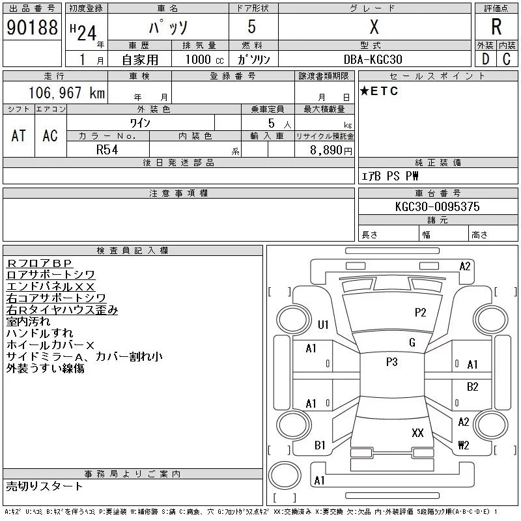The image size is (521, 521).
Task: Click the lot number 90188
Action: point(31,28)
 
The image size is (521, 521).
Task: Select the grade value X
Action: point(374,27)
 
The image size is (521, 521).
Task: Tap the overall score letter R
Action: point(496,28)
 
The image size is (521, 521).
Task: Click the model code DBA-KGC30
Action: point(373,59)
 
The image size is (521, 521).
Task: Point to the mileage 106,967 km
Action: point(67,93)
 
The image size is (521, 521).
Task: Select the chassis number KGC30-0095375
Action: point(437,206)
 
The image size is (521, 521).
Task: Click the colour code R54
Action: point(107,149)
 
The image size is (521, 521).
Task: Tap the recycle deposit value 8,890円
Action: point(331,150)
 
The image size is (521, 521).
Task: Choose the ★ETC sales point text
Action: point(379,91)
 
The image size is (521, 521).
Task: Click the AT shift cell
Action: point(19,135)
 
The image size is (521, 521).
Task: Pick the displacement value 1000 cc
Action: point(204,59)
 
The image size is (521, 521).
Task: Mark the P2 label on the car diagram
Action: point(421,313)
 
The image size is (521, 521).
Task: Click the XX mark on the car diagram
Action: point(417,432)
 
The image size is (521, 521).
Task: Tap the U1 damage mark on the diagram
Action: point(323,324)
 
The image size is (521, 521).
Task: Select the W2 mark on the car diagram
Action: point(464,445)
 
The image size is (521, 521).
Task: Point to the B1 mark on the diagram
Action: point(320,445)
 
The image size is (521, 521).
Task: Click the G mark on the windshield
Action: point(412,343)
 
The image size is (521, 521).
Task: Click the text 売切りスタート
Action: point(45,486)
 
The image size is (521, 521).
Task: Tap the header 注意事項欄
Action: point(178,193)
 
